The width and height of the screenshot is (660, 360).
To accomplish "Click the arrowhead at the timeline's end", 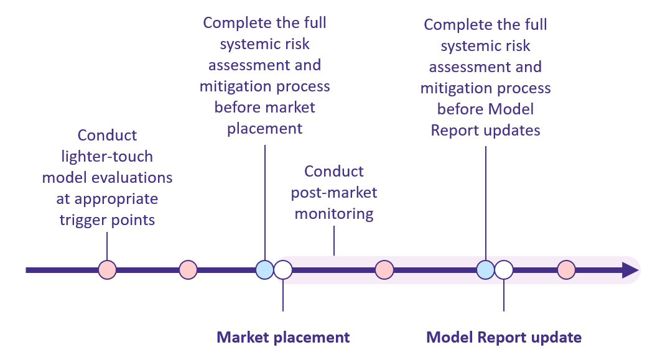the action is [631, 270].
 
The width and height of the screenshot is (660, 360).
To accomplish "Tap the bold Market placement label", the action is [283, 337].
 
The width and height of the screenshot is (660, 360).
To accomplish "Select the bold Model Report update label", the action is [504, 337].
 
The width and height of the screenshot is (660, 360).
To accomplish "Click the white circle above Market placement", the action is [283, 270].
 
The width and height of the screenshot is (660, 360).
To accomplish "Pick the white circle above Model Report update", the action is [504, 270].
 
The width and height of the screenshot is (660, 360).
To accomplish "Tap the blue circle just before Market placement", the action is [265, 270].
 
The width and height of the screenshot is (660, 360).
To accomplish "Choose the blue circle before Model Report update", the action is [486, 270].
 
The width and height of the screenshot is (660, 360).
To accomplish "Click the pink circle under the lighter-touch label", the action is [108, 270].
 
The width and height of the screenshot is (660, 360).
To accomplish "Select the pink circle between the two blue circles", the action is [384, 270].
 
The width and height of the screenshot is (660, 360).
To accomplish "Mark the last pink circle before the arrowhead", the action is [567, 270].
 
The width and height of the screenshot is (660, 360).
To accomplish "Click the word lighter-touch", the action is [107, 157].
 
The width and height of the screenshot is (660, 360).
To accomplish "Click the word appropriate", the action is [116, 199].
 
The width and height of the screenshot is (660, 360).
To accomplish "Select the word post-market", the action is [334, 193].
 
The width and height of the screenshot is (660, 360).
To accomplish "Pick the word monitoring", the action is [334, 214].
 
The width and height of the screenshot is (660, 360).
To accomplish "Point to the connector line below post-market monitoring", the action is [334, 241].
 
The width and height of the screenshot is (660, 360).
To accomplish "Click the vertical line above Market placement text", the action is [283, 295].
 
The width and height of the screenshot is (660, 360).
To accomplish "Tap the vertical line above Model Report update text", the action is [504, 295].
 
